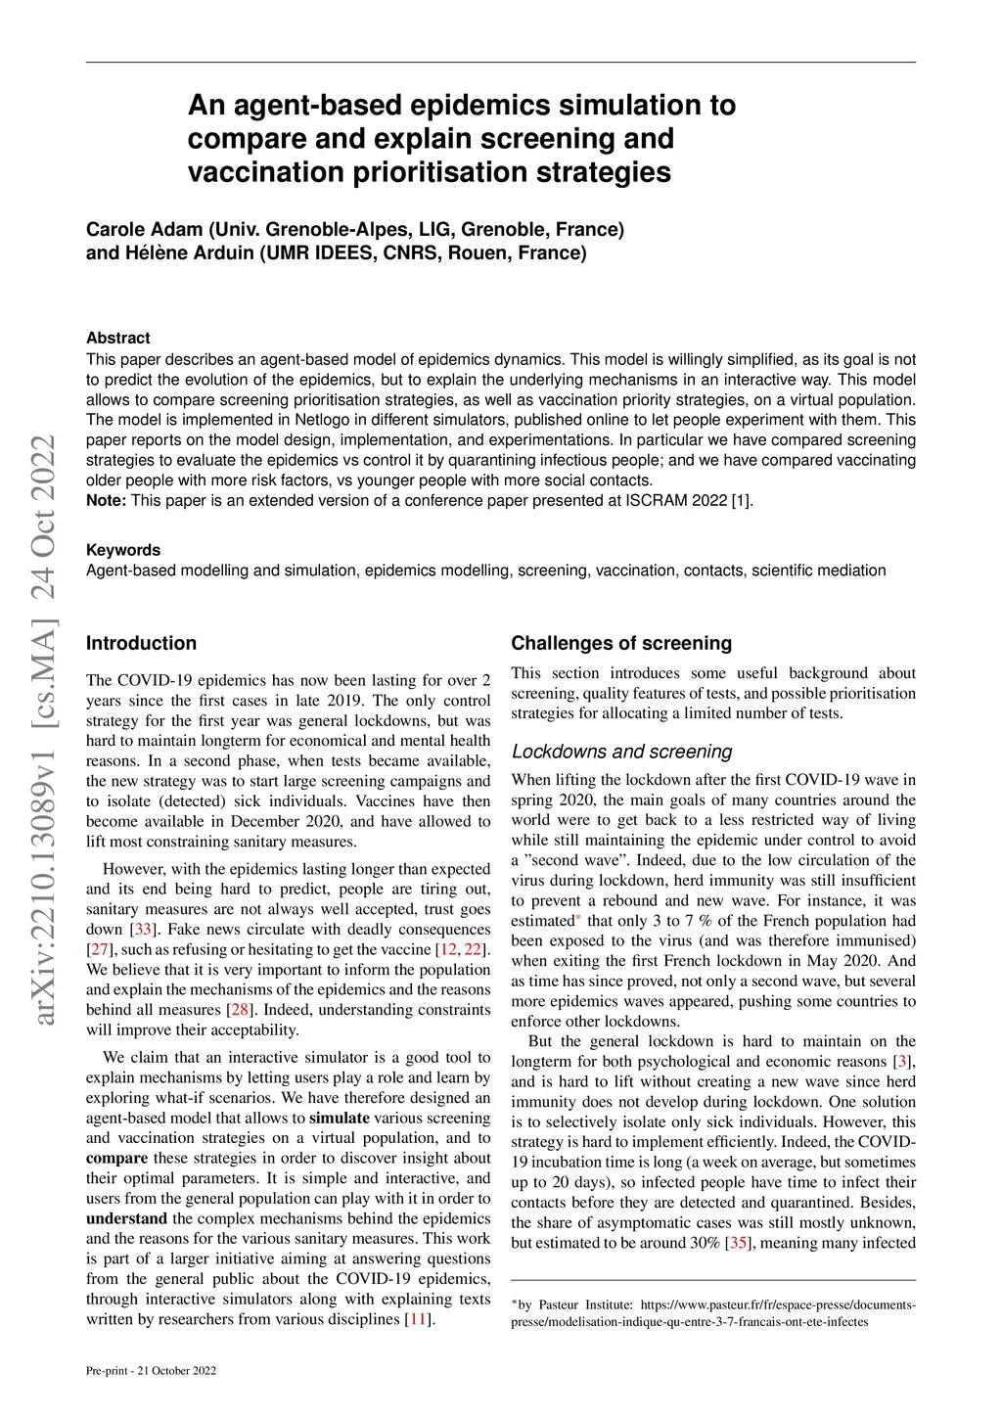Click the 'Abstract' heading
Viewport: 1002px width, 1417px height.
pos(117,338)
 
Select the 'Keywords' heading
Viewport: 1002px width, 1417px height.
pos(122,550)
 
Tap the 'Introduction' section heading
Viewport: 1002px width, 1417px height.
pos(141,643)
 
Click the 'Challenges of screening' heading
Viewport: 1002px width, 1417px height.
pos(621,643)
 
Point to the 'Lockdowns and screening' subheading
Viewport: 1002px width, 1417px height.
pos(621,752)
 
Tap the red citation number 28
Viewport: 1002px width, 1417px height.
pos(240,1010)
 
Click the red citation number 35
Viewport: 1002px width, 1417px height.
pos(739,1243)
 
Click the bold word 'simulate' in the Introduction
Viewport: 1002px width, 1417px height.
pos(339,1118)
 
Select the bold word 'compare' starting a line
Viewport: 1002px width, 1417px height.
pos(116,1158)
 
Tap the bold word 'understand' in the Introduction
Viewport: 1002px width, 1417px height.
pos(126,1218)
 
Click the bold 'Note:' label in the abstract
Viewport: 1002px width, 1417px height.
pos(106,500)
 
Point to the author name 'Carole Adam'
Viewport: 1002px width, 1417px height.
pos(144,229)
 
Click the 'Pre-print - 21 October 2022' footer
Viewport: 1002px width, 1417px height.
pos(151,1370)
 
